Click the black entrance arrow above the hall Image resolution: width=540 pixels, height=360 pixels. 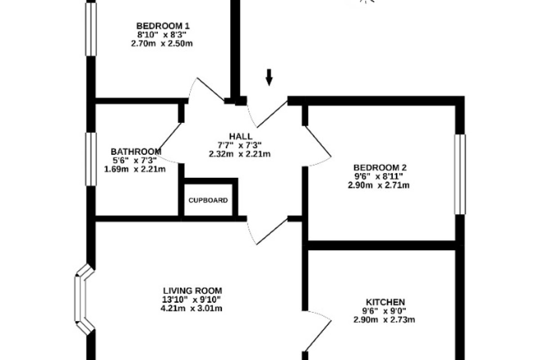pos(269,77)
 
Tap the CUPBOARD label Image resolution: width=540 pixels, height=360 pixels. pos(208,200)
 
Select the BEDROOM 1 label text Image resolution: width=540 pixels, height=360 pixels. pos(163,26)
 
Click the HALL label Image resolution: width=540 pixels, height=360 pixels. pos(241,136)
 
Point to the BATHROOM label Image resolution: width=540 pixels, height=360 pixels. pos(136,152)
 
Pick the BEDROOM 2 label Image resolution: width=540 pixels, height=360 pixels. pos(380,167)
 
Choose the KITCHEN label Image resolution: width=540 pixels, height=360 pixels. pos(386,302)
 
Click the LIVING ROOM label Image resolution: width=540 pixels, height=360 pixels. pos(193,291)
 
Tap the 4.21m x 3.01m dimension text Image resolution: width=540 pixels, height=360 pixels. pos(191,308)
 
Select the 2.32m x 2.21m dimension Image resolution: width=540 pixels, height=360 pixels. pos(239,154)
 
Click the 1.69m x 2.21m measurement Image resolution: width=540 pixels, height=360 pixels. pos(135,169)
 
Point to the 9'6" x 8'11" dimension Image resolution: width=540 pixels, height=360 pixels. pos(378,176)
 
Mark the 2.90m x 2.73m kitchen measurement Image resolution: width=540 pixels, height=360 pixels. pos(384,320)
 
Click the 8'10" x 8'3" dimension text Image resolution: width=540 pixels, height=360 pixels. pos(162,35)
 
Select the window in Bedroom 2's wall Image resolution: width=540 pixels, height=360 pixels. pos(460,174)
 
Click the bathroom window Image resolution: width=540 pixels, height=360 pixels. pos(91,159)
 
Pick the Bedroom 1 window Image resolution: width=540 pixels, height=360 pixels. pos(91,29)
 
